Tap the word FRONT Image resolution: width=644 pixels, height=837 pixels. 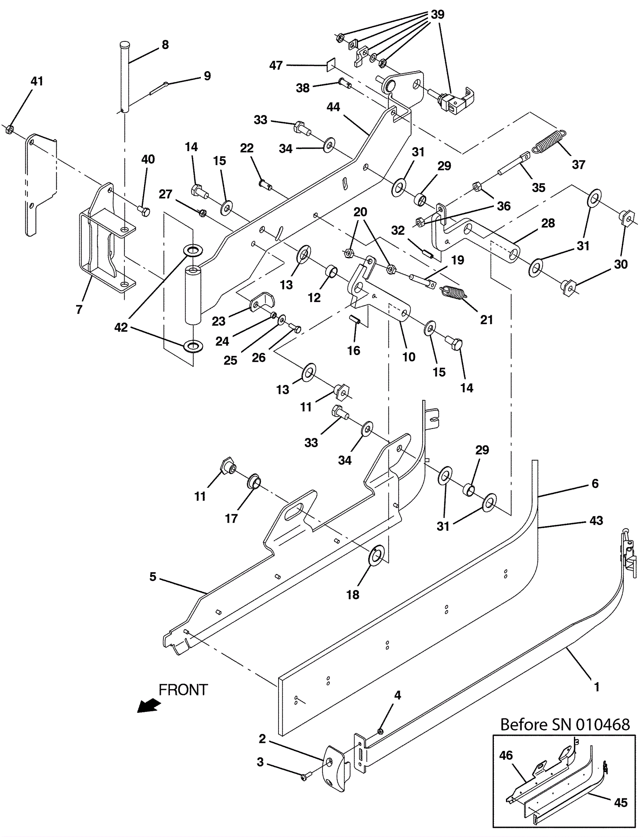183,690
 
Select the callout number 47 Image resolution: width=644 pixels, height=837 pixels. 276,65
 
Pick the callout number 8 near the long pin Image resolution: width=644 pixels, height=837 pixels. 165,45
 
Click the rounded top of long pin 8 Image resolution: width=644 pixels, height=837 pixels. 124,43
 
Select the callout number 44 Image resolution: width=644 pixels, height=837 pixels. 333,107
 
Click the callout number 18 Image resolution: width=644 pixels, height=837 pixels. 353,595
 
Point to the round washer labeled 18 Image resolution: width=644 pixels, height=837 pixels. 377,556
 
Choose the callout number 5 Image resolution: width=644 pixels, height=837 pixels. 153,577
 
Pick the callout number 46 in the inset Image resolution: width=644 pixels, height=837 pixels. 506,755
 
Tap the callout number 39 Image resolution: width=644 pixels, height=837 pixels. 438,14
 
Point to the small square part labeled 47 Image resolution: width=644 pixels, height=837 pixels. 331,64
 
